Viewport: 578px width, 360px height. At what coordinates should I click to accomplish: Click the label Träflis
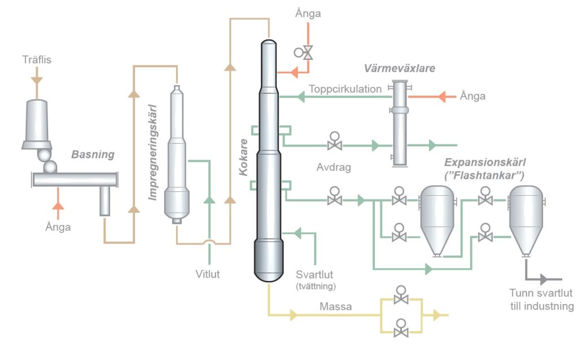click(x=37, y=59)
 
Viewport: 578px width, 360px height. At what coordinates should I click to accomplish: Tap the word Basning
click(x=93, y=154)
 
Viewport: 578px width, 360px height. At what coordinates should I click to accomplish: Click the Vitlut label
click(x=208, y=275)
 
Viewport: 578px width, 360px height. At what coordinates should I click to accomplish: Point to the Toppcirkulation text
click(x=345, y=90)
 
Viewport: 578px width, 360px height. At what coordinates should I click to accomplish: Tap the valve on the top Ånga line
click(x=308, y=53)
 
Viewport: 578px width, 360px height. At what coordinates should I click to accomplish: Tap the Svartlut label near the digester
click(x=315, y=275)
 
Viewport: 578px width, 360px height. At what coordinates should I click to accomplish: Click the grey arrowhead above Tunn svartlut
click(x=545, y=279)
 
